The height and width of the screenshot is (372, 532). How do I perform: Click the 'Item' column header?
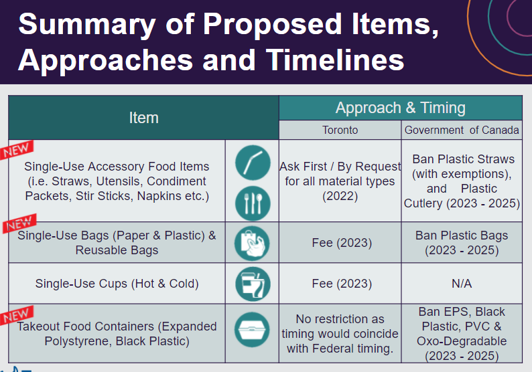[143, 118]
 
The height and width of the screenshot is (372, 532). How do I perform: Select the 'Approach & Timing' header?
[400, 108]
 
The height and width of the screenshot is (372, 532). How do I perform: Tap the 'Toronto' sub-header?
[340, 130]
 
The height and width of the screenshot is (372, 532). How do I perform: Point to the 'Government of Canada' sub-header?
[462, 130]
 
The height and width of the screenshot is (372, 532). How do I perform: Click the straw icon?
[252, 162]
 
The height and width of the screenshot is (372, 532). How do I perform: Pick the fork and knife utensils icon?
[252, 203]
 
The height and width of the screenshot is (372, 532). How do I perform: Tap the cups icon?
[252, 284]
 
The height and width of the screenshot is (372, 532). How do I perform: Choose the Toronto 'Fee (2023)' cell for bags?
[341, 243]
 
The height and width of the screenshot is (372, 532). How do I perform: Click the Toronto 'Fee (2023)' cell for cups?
[341, 284]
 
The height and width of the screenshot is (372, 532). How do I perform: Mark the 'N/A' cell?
[462, 284]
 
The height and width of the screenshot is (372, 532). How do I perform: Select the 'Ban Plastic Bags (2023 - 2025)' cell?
[462, 243]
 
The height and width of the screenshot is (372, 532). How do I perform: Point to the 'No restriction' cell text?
[341, 333]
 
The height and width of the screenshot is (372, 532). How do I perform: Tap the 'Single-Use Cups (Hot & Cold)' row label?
[117, 284]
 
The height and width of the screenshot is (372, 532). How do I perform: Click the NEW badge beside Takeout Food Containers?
[17, 315]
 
